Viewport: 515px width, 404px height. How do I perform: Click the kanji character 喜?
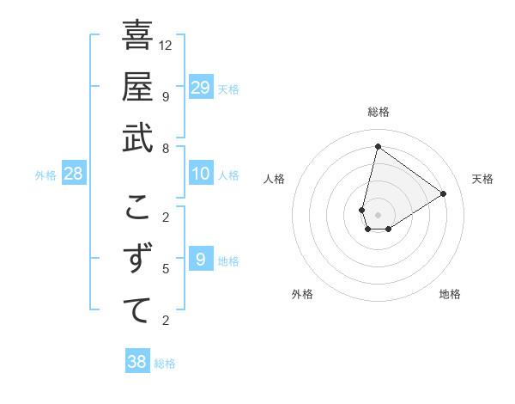137,35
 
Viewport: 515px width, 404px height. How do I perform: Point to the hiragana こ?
137,207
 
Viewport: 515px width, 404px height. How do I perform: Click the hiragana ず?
137,258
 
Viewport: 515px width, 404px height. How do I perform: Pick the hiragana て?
137,309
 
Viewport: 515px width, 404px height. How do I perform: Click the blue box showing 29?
201,88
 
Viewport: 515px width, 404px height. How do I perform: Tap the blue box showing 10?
201,174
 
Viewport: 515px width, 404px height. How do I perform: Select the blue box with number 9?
201,259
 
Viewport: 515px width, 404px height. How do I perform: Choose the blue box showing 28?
74,174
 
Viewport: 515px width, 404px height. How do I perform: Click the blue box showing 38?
137,362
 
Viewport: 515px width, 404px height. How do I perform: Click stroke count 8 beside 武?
166,148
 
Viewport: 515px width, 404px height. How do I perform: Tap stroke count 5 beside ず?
166,269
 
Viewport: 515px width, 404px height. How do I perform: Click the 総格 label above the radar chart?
378,112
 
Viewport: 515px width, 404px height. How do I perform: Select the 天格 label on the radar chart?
482,179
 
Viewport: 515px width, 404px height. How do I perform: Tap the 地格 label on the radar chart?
450,294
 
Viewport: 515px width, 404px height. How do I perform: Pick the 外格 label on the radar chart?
302,294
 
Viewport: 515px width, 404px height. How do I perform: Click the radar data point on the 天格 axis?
444,193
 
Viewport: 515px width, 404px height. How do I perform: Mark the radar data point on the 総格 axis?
378,146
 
